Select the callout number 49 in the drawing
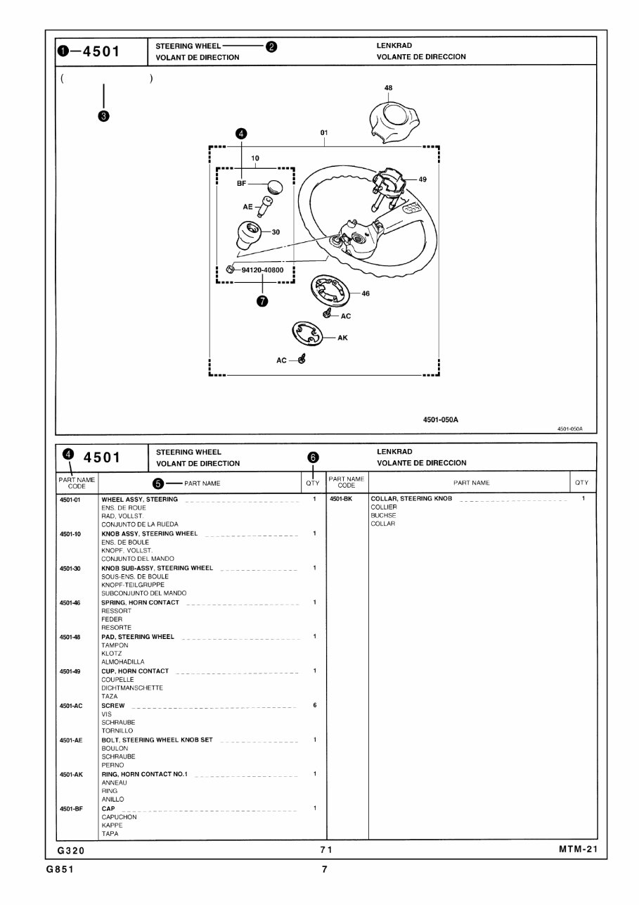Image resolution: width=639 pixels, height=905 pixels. click(422, 179)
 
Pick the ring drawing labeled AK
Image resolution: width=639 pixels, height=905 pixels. click(307, 334)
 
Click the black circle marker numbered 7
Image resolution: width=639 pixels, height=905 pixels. click(263, 302)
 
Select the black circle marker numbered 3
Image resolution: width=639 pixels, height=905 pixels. click(103, 116)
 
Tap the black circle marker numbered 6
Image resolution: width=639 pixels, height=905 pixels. click(312, 457)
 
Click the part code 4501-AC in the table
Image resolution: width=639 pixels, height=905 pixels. click(71, 705)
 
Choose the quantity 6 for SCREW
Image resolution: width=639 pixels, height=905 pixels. click(314, 705)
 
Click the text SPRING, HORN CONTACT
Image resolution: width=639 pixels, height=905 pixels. click(140, 602)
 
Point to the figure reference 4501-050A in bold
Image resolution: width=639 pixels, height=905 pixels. click(440, 419)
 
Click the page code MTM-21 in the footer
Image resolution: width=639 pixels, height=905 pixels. click(578, 849)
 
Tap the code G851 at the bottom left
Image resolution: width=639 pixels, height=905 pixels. click(61, 869)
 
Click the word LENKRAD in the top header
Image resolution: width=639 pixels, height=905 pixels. click(394, 46)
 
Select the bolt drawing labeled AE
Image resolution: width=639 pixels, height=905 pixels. click(265, 206)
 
